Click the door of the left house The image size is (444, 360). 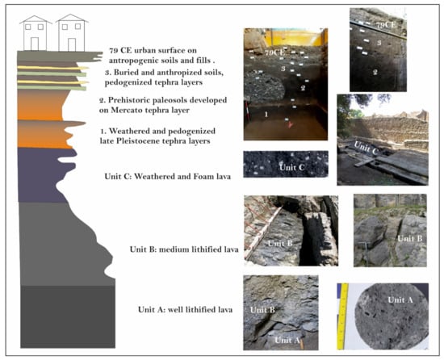click(x=35, y=44)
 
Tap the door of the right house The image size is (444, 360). click(x=72, y=44)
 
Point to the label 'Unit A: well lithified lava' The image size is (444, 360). click(x=185, y=310)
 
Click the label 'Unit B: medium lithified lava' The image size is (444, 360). click(x=184, y=249)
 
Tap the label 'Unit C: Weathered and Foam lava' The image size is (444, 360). click(x=168, y=176)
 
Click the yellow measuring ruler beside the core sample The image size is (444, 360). click(x=343, y=316)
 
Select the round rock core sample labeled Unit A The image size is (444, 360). click(x=392, y=316)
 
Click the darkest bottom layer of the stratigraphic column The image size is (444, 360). click(x=68, y=316)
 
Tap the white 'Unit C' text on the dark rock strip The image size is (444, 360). click(x=291, y=167)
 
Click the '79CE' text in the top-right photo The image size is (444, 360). click(x=385, y=25)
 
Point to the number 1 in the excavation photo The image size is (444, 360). click(x=266, y=115)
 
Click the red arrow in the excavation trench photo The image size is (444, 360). click(x=290, y=125)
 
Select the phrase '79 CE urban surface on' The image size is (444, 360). click(x=153, y=50)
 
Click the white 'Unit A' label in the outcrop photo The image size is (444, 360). click(x=287, y=340)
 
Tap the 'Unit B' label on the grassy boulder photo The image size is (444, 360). click(x=410, y=239)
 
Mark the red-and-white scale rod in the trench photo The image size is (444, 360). click(x=247, y=115)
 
